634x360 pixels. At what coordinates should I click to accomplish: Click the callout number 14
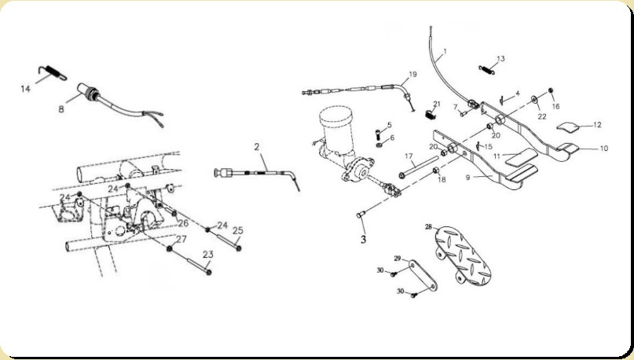coord(25,90)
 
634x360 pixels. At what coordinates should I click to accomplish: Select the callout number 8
coord(61,110)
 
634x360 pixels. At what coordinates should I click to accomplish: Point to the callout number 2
coord(256,147)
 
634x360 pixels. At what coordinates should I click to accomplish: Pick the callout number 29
coord(398,258)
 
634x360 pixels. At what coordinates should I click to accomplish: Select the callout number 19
coord(412,75)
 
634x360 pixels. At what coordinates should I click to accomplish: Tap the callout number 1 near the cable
coord(443,54)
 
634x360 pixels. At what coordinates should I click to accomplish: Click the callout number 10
coord(603,148)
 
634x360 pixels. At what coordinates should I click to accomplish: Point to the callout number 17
coord(409,156)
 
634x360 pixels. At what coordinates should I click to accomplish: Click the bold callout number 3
coord(363,238)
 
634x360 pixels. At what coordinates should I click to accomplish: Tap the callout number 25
coord(237,230)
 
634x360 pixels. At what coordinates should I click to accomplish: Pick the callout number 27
coord(181,238)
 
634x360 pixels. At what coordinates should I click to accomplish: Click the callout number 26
coord(182,222)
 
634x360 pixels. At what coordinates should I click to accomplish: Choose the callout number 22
coord(541,116)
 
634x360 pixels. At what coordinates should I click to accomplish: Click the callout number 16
coord(555,105)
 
